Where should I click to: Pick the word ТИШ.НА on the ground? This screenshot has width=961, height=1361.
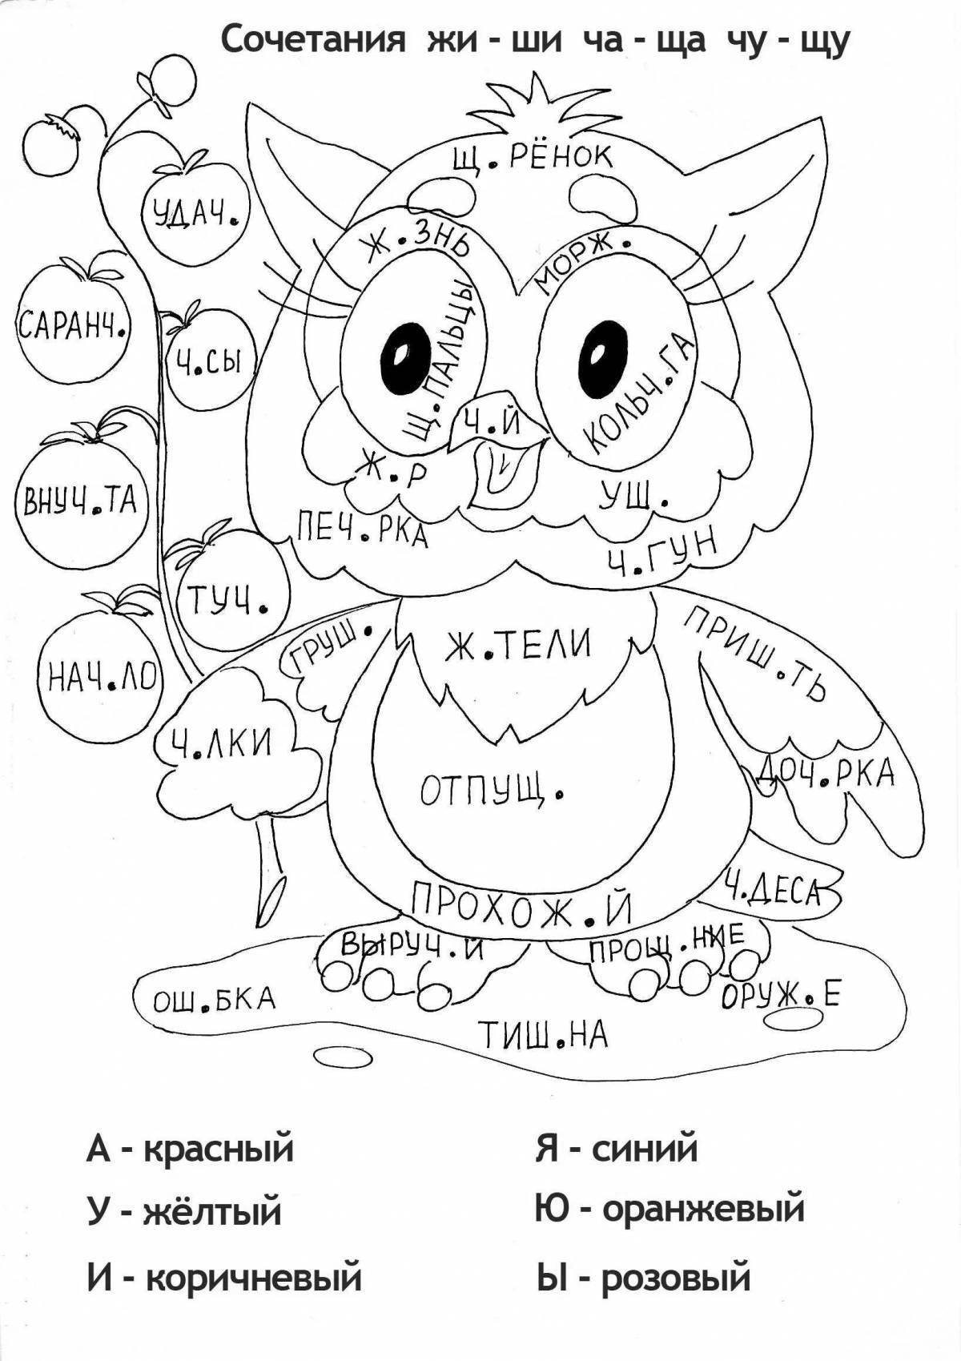click(x=544, y=1036)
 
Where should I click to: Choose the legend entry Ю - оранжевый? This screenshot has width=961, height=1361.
click(x=669, y=1208)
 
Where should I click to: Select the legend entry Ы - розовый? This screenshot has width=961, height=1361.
click(x=642, y=1275)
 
